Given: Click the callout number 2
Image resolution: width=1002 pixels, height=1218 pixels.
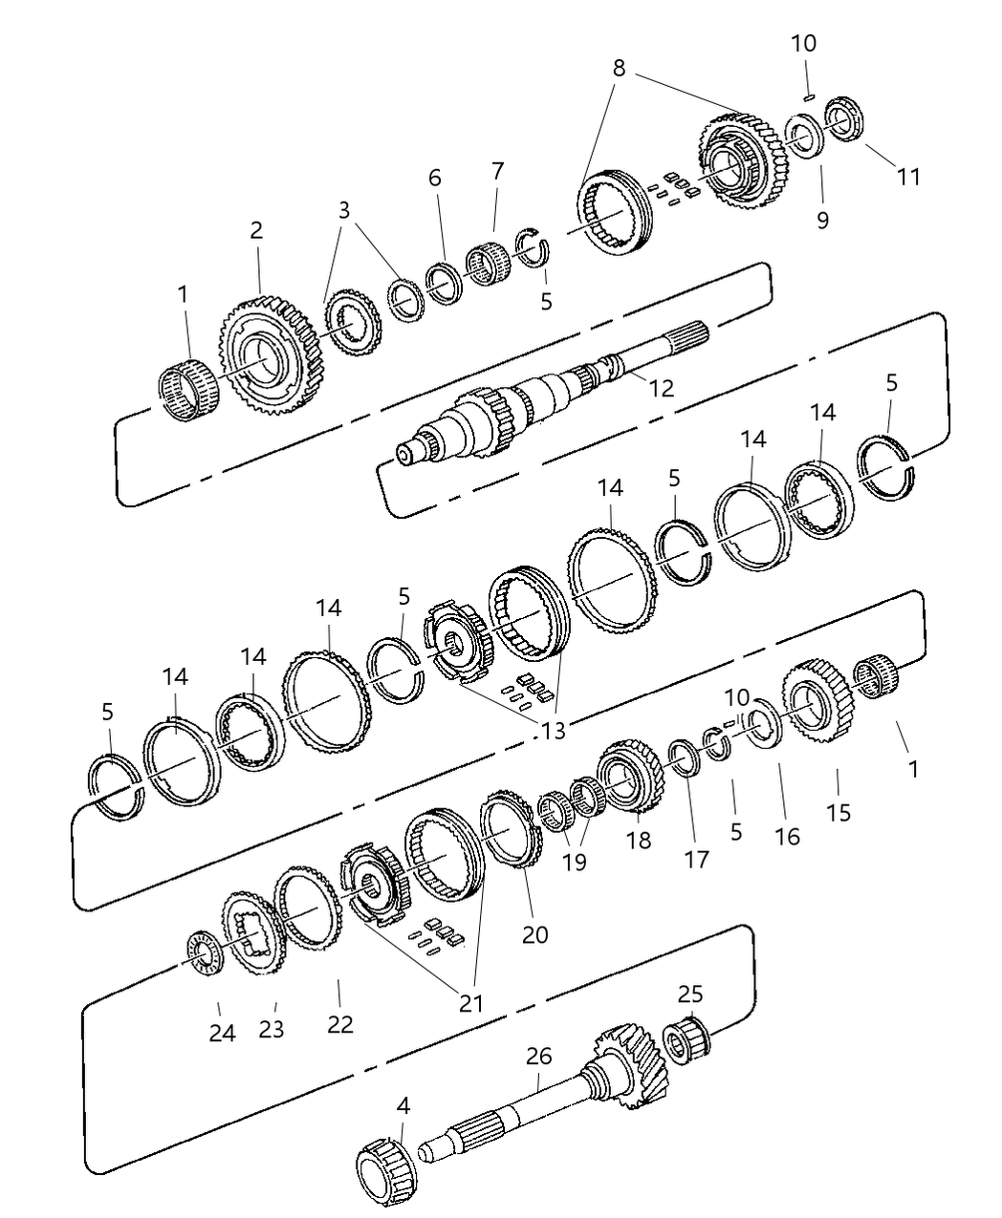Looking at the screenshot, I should click(x=256, y=230).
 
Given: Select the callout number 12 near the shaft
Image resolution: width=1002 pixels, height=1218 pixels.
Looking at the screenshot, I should click(x=661, y=388).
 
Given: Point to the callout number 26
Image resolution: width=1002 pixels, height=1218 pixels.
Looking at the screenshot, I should click(x=539, y=1057).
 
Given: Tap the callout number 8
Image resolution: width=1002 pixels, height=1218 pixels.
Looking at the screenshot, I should click(x=620, y=68).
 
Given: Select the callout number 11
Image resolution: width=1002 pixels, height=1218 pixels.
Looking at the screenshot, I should click(x=908, y=176).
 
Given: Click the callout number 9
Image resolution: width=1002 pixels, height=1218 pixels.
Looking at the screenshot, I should click(x=822, y=220).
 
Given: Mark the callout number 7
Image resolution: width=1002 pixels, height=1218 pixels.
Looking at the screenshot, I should click(x=497, y=172).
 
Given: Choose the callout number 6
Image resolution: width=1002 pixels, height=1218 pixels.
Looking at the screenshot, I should click(x=435, y=178).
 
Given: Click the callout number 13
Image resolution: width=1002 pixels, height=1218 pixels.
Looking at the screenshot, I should click(x=553, y=731).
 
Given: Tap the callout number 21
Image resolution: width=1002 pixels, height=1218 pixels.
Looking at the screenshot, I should click(x=470, y=1003).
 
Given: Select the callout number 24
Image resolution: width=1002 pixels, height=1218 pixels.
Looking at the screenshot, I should click(x=222, y=1034).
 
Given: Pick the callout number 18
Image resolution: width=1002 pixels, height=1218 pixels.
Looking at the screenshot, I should click(x=639, y=840).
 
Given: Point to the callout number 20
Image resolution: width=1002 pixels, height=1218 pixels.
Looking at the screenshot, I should click(x=535, y=933).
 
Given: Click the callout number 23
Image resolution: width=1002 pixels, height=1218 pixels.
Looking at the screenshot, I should click(x=272, y=1030).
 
